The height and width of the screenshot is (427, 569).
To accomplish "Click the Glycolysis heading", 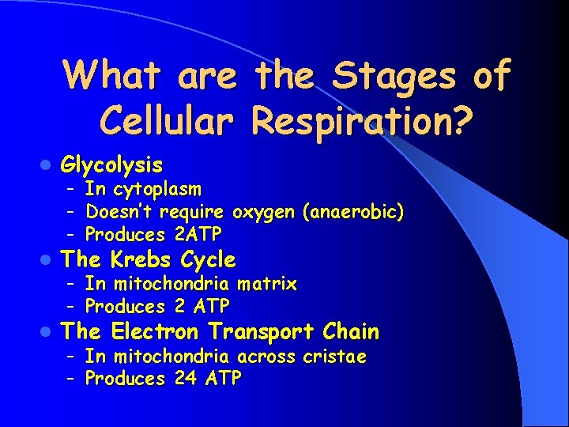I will [x=112, y=165].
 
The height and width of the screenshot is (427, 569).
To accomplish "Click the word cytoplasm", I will [x=157, y=190].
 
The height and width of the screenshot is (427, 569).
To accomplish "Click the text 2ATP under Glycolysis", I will [x=196, y=235].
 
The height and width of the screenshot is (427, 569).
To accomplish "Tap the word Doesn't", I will [x=119, y=213].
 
